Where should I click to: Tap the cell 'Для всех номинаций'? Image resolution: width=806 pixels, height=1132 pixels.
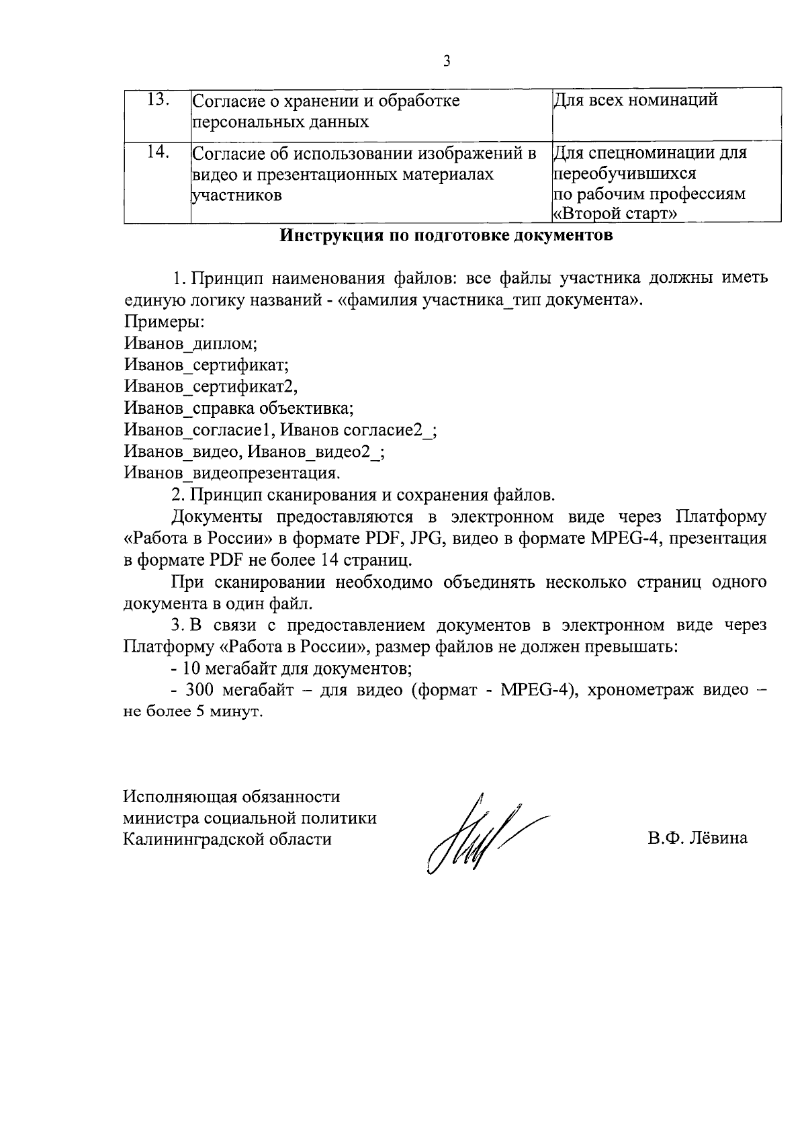pos(635,101)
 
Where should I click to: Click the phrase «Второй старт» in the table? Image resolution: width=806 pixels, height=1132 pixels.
pos(614,214)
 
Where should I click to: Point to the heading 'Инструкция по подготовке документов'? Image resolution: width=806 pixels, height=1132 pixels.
pos(446,236)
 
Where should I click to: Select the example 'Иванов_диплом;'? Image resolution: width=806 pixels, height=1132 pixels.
pos(191,343)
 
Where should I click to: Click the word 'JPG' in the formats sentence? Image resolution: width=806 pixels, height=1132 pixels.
pos(424,538)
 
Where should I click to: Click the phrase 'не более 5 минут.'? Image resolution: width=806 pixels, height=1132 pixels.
pos(193,712)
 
